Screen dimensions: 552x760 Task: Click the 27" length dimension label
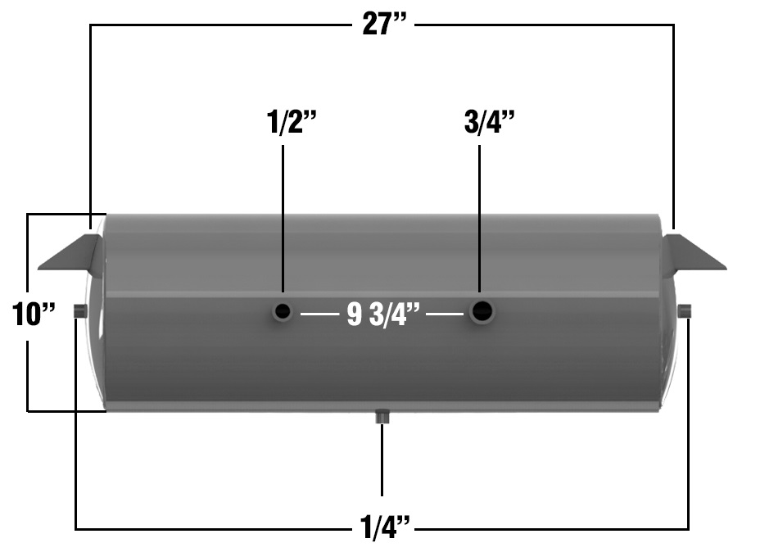coord(384,24)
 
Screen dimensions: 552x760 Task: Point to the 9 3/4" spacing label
coord(383,315)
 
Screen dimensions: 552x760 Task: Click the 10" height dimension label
coord(34,314)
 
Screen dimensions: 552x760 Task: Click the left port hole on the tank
coord(283,312)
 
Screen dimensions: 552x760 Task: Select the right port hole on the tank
coord(482,310)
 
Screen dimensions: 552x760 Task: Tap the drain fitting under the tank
coord(382,417)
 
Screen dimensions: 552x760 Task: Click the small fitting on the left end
coord(80,310)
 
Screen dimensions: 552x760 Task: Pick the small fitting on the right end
coord(685,310)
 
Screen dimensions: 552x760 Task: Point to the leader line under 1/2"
coord(283,217)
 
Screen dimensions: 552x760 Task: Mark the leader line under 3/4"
coord(480,217)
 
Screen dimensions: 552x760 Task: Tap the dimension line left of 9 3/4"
coord(319,314)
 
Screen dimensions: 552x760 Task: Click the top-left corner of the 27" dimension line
coord(90,25)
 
